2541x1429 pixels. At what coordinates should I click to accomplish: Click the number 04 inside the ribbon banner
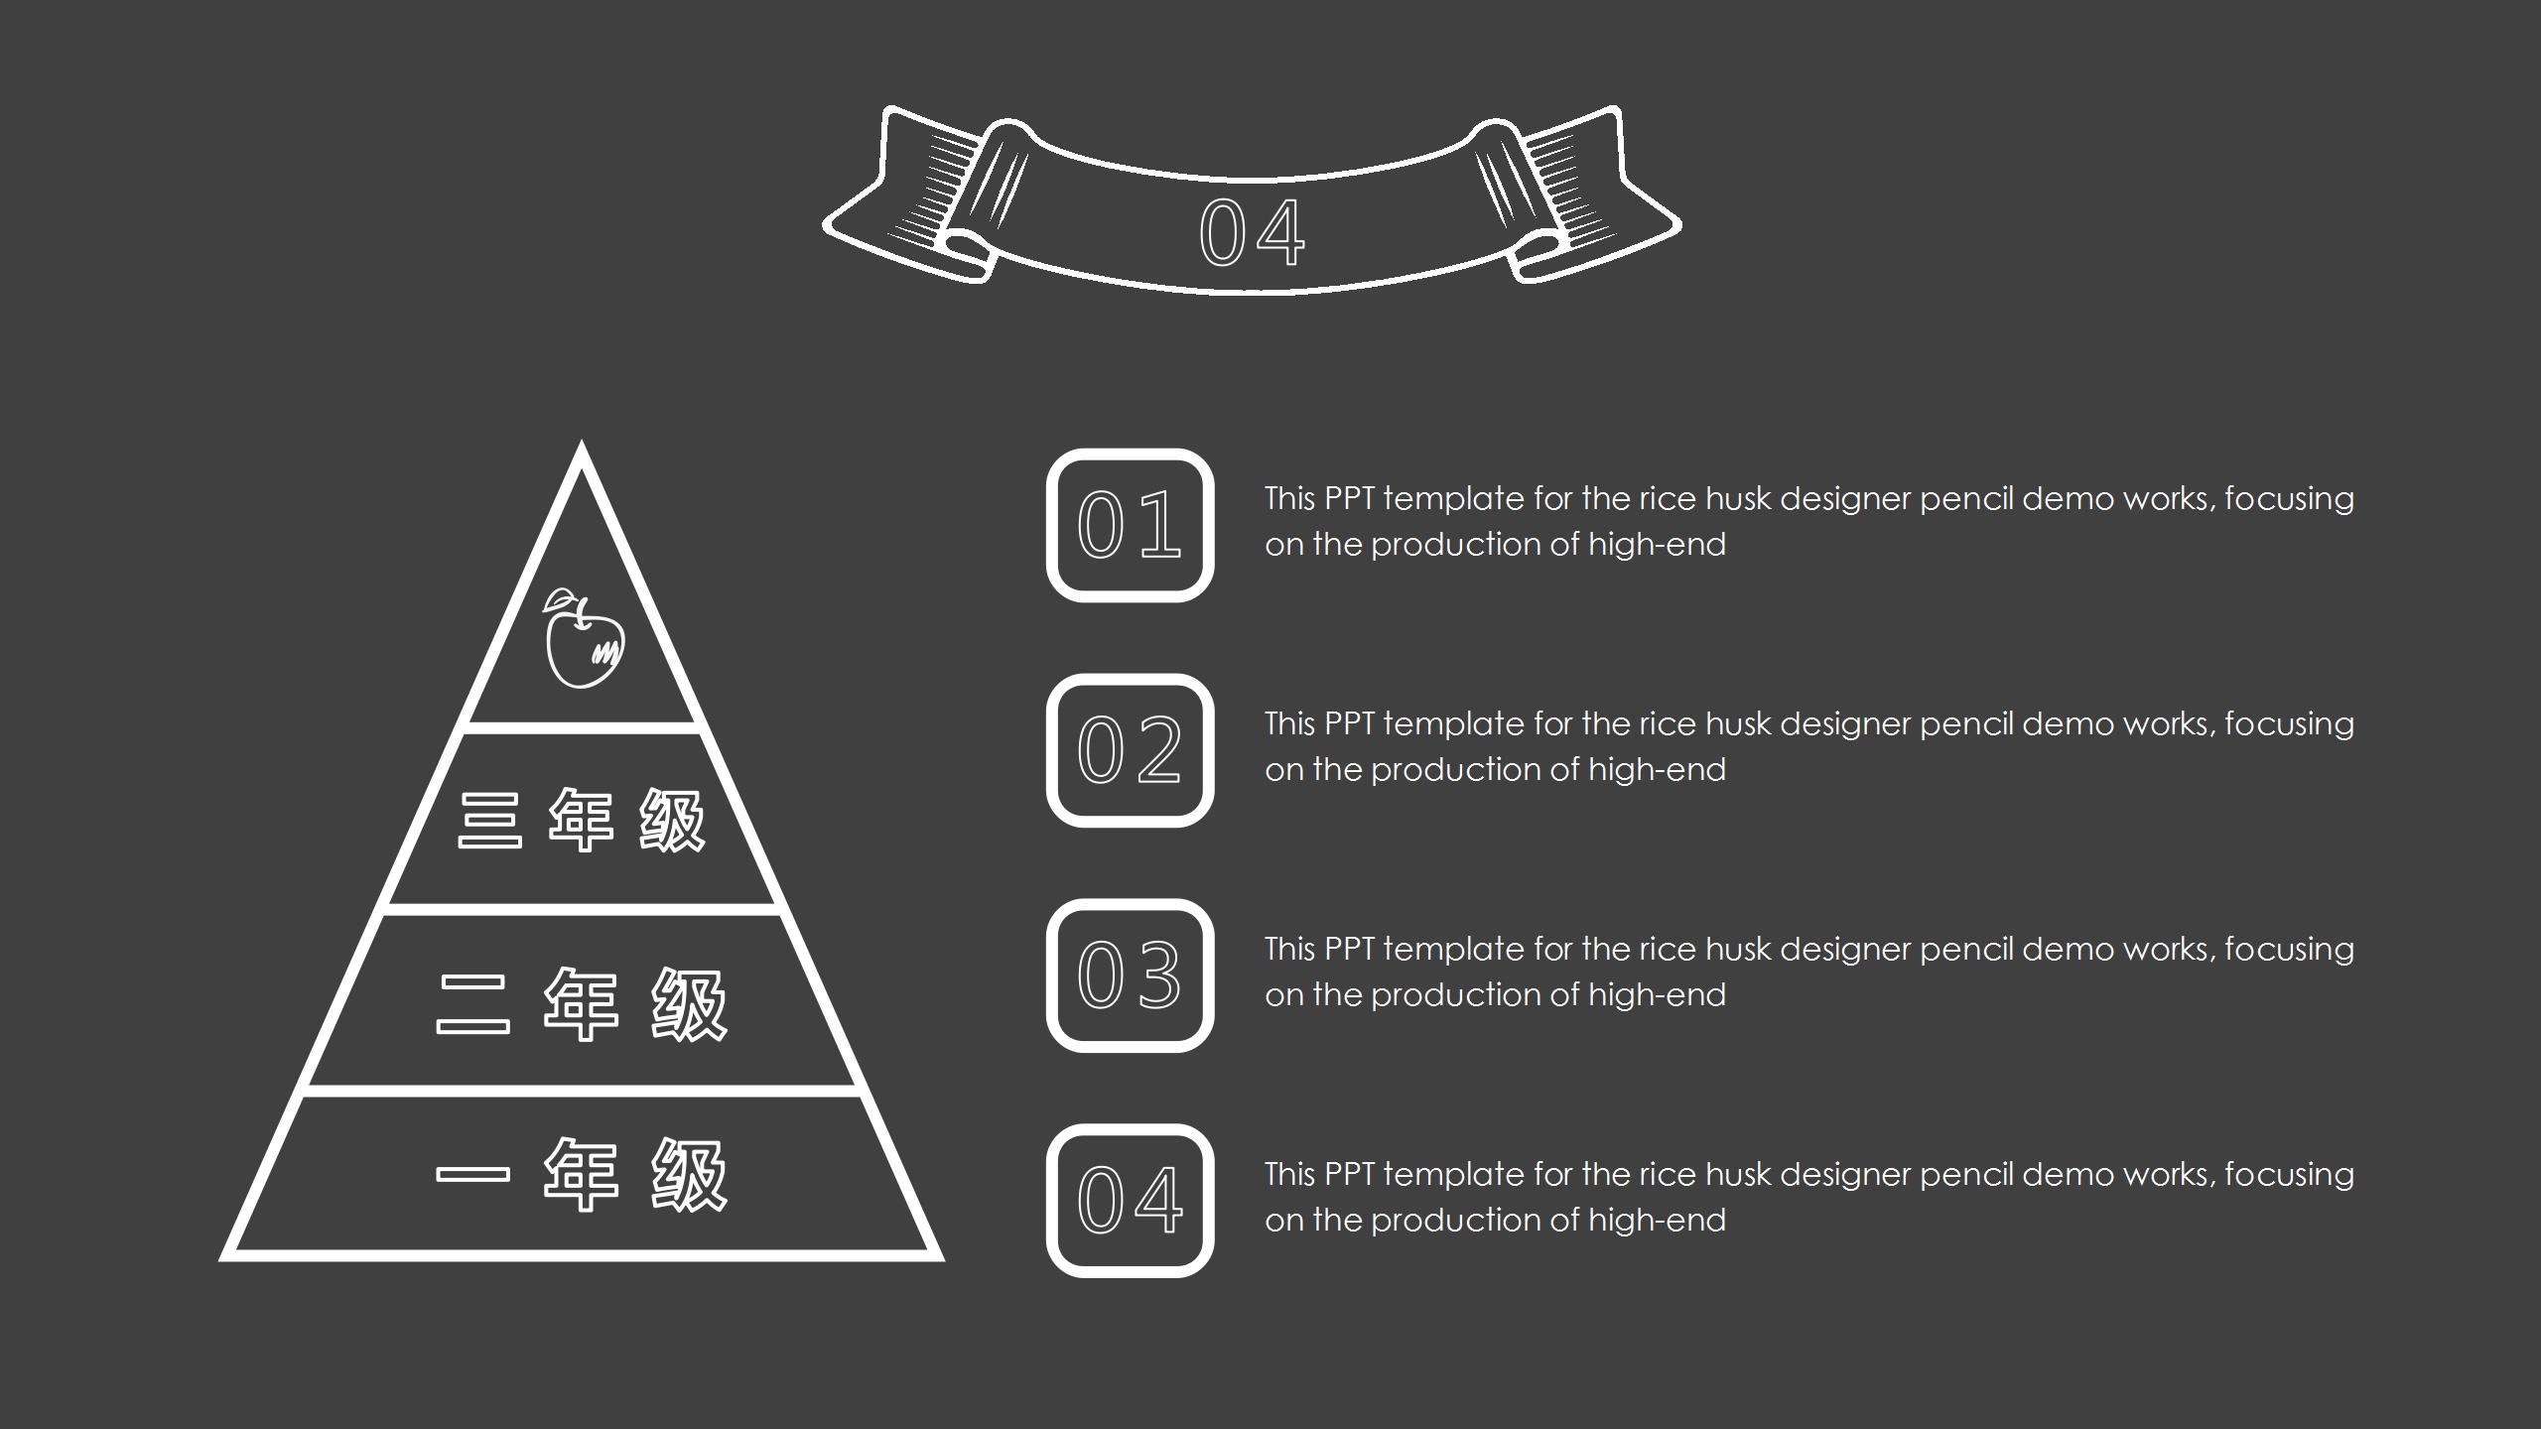(x=1252, y=233)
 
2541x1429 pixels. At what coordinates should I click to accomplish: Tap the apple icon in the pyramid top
(x=584, y=638)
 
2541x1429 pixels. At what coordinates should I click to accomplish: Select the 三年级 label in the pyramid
(x=582, y=821)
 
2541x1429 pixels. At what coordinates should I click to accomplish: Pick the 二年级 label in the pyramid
(x=582, y=1003)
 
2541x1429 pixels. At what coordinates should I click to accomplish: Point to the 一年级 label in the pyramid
(x=582, y=1175)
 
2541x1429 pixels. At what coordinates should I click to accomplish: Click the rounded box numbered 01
(x=1130, y=526)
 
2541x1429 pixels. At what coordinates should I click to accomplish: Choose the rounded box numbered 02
(x=1130, y=750)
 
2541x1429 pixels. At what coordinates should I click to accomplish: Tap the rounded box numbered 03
(x=1130, y=975)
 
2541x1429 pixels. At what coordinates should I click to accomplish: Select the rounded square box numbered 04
(x=1130, y=1201)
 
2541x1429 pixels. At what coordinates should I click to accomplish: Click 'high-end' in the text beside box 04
(x=1657, y=1220)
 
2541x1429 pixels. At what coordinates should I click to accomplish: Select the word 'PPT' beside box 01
(x=1349, y=498)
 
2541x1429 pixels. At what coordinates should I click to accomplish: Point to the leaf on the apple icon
(x=559, y=598)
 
